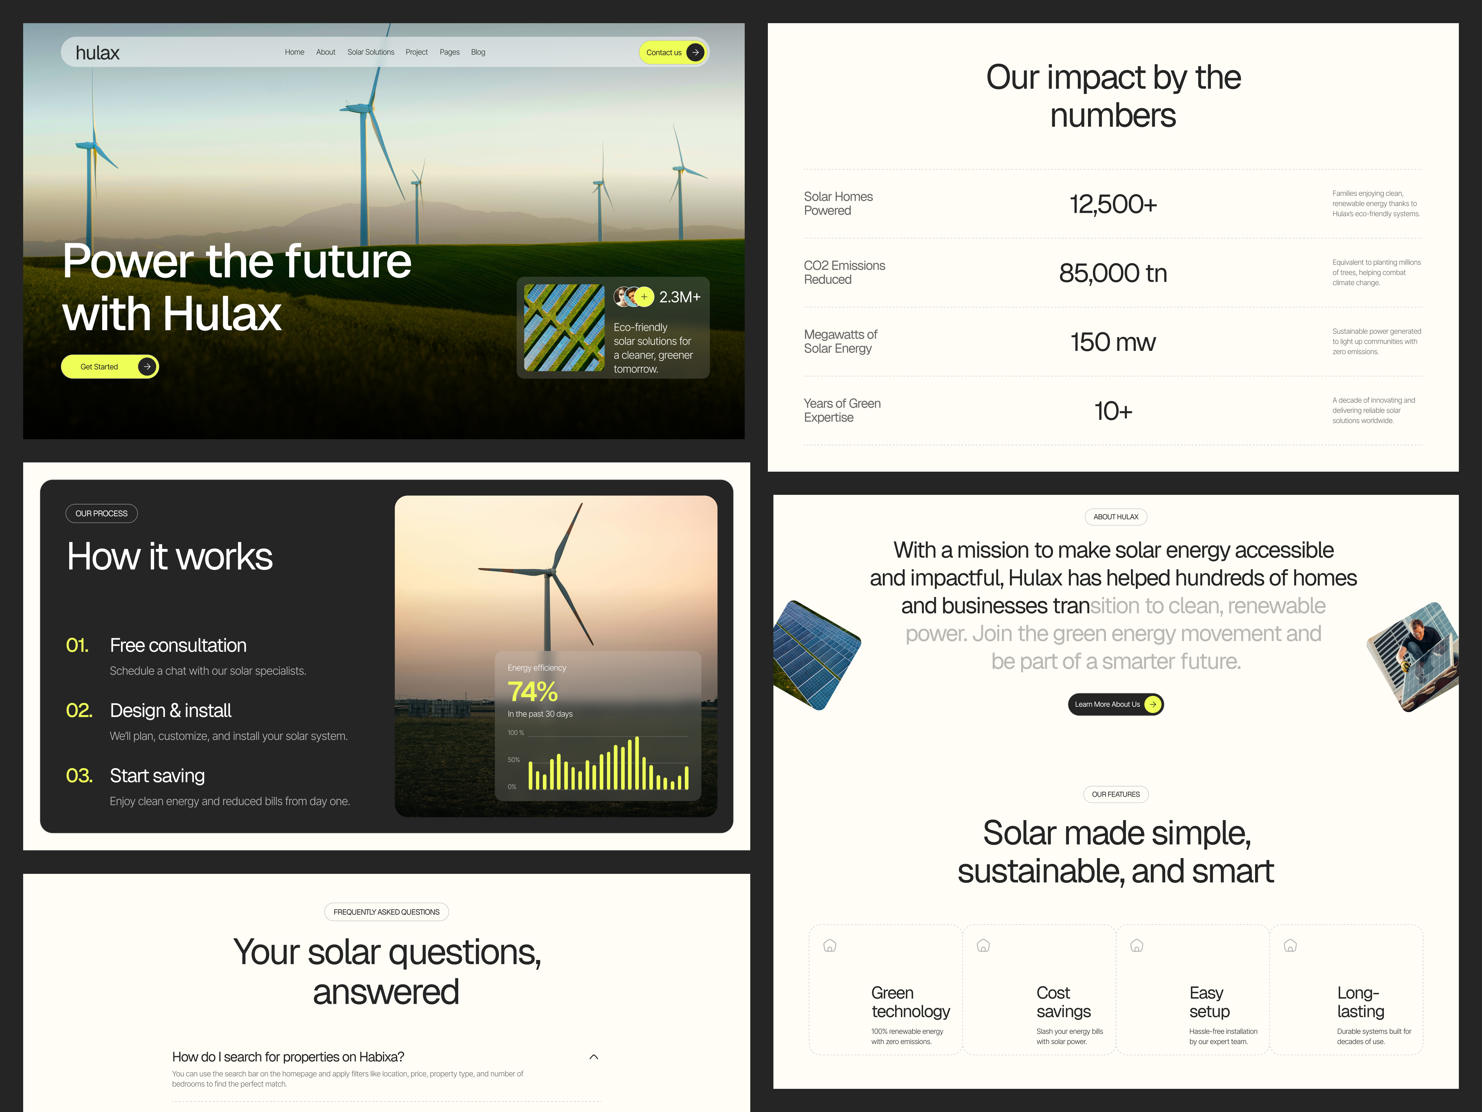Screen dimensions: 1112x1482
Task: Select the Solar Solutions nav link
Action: coord(371,52)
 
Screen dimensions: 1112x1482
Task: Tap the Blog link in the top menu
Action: coord(478,52)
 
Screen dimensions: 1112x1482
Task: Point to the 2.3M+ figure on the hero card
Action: coord(679,297)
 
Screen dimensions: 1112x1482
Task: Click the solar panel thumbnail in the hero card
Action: coord(564,328)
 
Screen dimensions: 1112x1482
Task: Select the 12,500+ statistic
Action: coord(1113,204)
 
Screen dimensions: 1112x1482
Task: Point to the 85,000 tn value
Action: coord(1113,273)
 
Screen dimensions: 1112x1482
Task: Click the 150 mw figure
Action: coord(1113,343)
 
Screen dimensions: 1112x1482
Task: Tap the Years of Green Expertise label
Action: coord(842,410)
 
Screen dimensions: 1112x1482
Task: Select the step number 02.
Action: coord(79,710)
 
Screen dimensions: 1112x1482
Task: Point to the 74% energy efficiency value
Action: coord(533,691)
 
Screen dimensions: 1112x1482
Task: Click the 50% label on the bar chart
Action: coord(514,760)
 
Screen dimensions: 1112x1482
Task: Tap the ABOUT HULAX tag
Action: coord(1116,517)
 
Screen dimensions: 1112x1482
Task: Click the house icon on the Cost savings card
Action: coord(983,946)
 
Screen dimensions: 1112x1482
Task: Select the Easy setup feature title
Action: coord(1209,1002)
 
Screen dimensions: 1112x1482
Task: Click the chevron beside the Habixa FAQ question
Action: coord(594,1057)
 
